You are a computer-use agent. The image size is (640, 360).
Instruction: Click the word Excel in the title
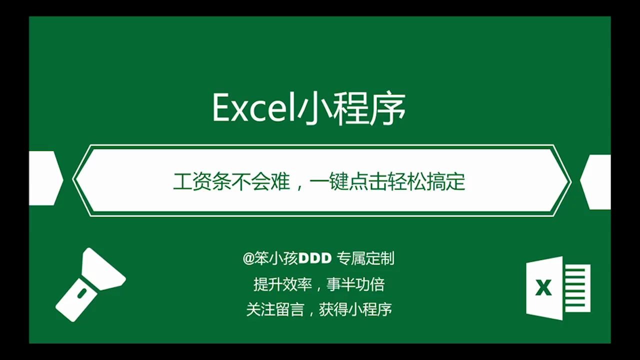click(254, 107)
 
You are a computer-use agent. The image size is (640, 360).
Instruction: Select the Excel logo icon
click(558, 288)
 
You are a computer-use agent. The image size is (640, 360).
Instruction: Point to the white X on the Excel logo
click(543, 288)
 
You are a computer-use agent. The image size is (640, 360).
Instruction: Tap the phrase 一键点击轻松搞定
click(387, 181)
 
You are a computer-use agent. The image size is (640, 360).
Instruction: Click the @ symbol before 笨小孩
click(248, 258)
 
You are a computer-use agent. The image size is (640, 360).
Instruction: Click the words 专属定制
click(365, 258)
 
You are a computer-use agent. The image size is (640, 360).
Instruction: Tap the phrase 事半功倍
click(355, 284)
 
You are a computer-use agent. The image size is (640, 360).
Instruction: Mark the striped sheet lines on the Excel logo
click(577, 288)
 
